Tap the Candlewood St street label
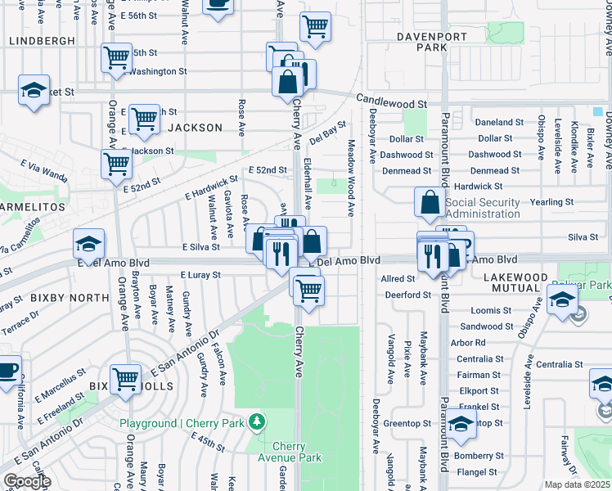(x=391, y=104)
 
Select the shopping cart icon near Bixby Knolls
(x=126, y=379)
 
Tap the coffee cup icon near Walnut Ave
(x=217, y=5)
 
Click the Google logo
(x=27, y=481)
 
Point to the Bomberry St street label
(x=477, y=455)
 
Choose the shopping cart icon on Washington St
(x=117, y=57)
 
